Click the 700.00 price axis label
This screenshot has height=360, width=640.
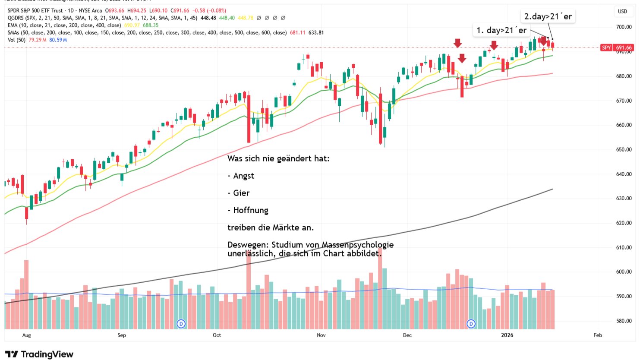[x=624, y=27]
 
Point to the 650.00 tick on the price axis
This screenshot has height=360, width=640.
[x=624, y=150]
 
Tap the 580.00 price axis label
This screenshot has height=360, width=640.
[x=624, y=321]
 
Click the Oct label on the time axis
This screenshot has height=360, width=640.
[x=217, y=335]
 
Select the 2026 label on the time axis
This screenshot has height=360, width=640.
[x=507, y=335]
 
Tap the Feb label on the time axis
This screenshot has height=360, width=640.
[x=598, y=335]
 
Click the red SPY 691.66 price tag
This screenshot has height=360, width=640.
[x=617, y=47]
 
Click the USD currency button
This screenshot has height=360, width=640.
[x=622, y=12]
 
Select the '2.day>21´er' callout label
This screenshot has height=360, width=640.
[x=548, y=16]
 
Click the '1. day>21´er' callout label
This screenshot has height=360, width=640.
[x=501, y=30]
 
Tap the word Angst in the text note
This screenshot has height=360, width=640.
[x=243, y=176]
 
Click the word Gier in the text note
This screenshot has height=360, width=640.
[x=241, y=193]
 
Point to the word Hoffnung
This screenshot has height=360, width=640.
[x=250, y=210]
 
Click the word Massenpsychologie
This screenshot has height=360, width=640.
[x=357, y=245]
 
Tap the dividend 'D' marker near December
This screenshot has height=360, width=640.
[x=471, y=324]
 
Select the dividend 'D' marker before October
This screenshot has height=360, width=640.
[x=181, y=324]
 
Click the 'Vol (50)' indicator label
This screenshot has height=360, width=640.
[x=16, y=40]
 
